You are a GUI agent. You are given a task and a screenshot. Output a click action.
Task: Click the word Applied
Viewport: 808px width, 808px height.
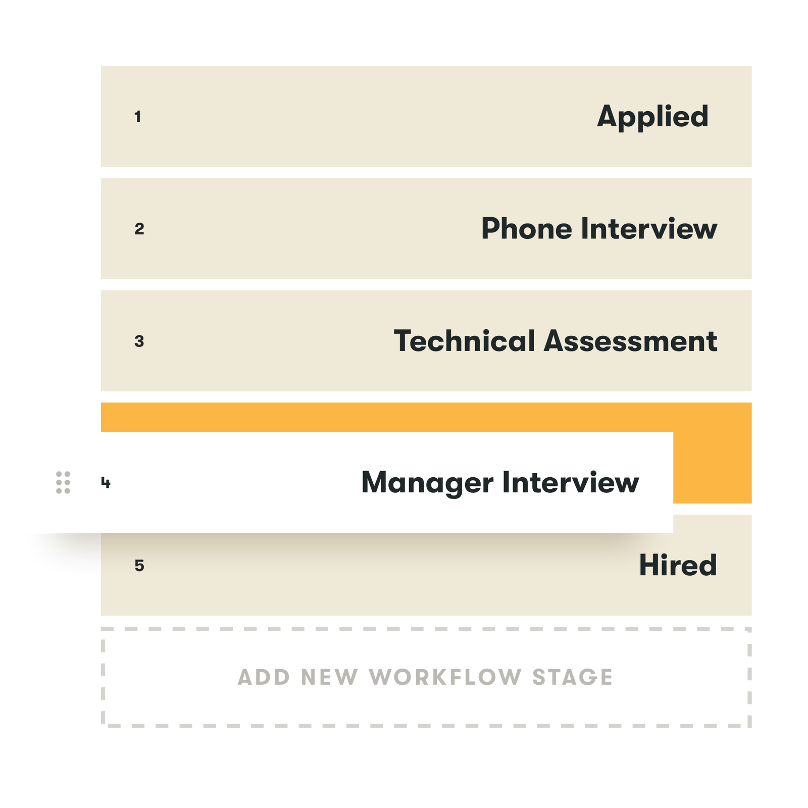(x=652, y=117)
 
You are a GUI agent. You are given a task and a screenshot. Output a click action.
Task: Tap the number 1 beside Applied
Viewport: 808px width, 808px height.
(x=137, y=117)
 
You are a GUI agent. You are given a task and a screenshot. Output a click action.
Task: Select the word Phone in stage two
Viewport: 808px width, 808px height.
(x=526, y=229)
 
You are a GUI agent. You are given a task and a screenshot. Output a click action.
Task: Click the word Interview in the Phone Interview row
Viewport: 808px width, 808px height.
(x=649, y=229)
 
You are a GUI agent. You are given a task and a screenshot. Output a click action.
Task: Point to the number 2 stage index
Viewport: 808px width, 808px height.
(x=139, y=229)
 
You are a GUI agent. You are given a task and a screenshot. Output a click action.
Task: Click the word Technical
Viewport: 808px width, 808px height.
(x=464, y=341)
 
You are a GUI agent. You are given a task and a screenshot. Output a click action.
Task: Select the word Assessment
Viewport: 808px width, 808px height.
(x=631, y=341)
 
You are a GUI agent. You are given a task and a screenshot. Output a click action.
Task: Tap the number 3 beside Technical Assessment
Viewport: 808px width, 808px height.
(x=139, y=342)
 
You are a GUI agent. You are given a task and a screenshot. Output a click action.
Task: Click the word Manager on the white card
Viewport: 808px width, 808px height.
(x=427, y=483)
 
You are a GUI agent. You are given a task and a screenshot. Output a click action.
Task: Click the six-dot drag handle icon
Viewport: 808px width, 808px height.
(x=63, y=483)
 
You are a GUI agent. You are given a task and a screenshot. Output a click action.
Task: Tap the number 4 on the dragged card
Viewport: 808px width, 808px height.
(x=106, y=483)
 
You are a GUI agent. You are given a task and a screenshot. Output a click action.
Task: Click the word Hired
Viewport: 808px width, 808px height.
(x=678, y=565)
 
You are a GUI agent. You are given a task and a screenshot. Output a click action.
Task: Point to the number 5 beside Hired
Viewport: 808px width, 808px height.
(x=139, y=566)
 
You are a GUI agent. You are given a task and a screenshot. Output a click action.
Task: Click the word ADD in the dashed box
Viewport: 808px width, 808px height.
(x=264, y=677)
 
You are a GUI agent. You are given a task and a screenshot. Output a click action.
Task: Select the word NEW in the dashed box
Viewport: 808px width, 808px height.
(x=329, y=677)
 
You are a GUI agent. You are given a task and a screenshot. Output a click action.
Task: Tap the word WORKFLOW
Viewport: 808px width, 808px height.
(x=444, y=677)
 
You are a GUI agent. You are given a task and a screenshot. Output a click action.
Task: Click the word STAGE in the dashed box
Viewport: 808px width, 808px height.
(x=572, y=677)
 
